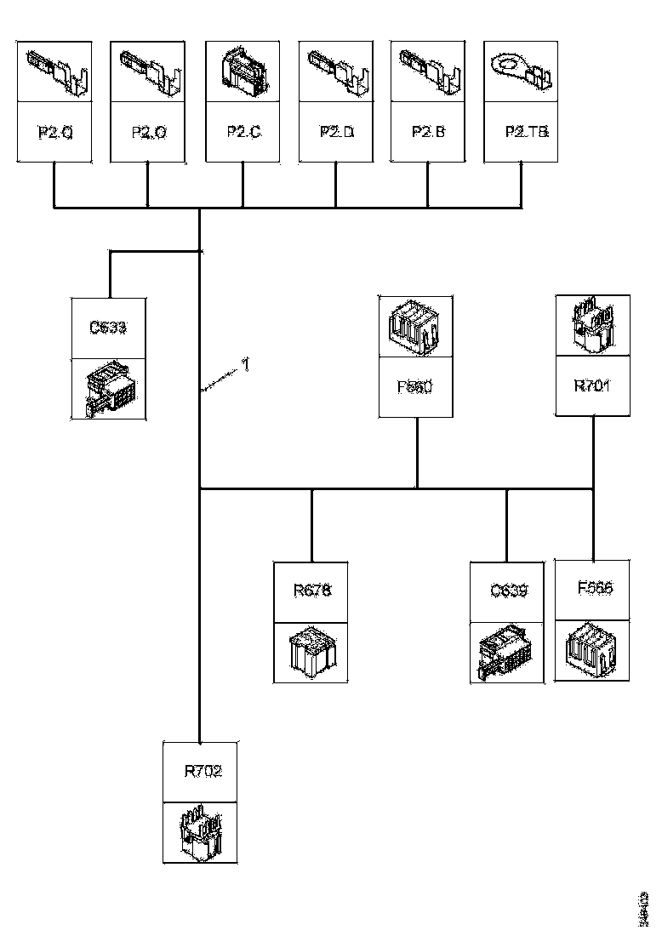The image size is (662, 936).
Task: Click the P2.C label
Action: pyautogui.click(x=243, y=132)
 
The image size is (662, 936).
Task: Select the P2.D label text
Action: pyautogui.click(x=336, y=132)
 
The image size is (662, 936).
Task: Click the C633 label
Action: pyautogui.click(x=109, y=328)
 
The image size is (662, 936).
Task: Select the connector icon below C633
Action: pyautogui.click(x=109, y=390)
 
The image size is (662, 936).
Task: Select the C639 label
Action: pyautogui.click(x=509, y=591)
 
